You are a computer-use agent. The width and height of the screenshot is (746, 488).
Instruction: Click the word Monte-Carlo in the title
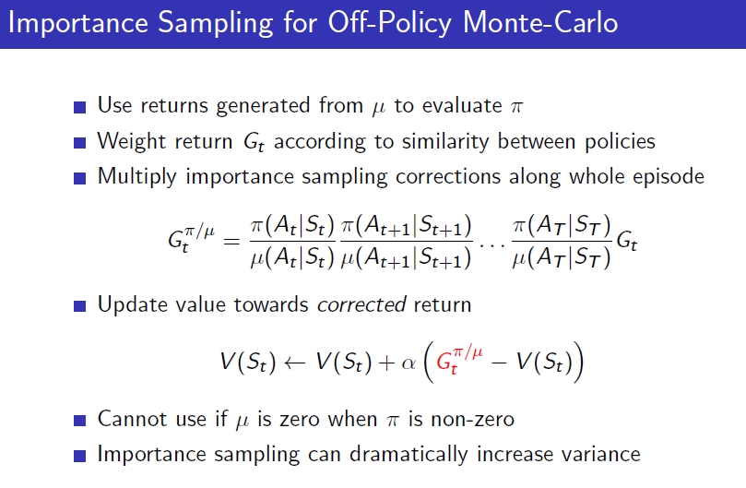pyautogui.click(x=540, y=22)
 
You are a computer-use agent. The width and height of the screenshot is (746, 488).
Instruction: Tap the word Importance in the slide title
pyautogui.click(x=78, y=23)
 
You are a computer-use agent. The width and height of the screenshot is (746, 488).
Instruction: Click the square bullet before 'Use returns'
pyautogui.click(x=80, y=107)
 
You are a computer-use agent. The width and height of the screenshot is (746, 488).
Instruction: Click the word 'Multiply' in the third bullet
pyautogui.click(x=137, y=176)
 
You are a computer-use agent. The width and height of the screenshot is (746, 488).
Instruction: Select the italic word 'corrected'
pyautogui.click(x=361, y=304)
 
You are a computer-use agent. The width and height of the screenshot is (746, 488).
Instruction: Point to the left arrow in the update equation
pyautogui.click(x=294, y=363)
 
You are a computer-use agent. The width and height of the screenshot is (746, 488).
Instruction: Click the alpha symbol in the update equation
pyautogui.click(x=409, y=363)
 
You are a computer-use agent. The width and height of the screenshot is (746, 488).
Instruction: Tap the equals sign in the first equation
pyautogui.click(x=231, y=242)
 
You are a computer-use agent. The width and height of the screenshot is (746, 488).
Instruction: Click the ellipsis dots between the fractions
pyautogui.click(x=491, y=245)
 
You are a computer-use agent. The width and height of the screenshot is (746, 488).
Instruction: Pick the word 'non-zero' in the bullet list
pyautogui.click(x=472, y=420)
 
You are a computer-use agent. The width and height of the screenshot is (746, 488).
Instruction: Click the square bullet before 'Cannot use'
pyautogui.click(x=80, y=421)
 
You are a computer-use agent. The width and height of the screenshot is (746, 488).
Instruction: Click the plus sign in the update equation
pyautogui.click(x=386, y=363)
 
